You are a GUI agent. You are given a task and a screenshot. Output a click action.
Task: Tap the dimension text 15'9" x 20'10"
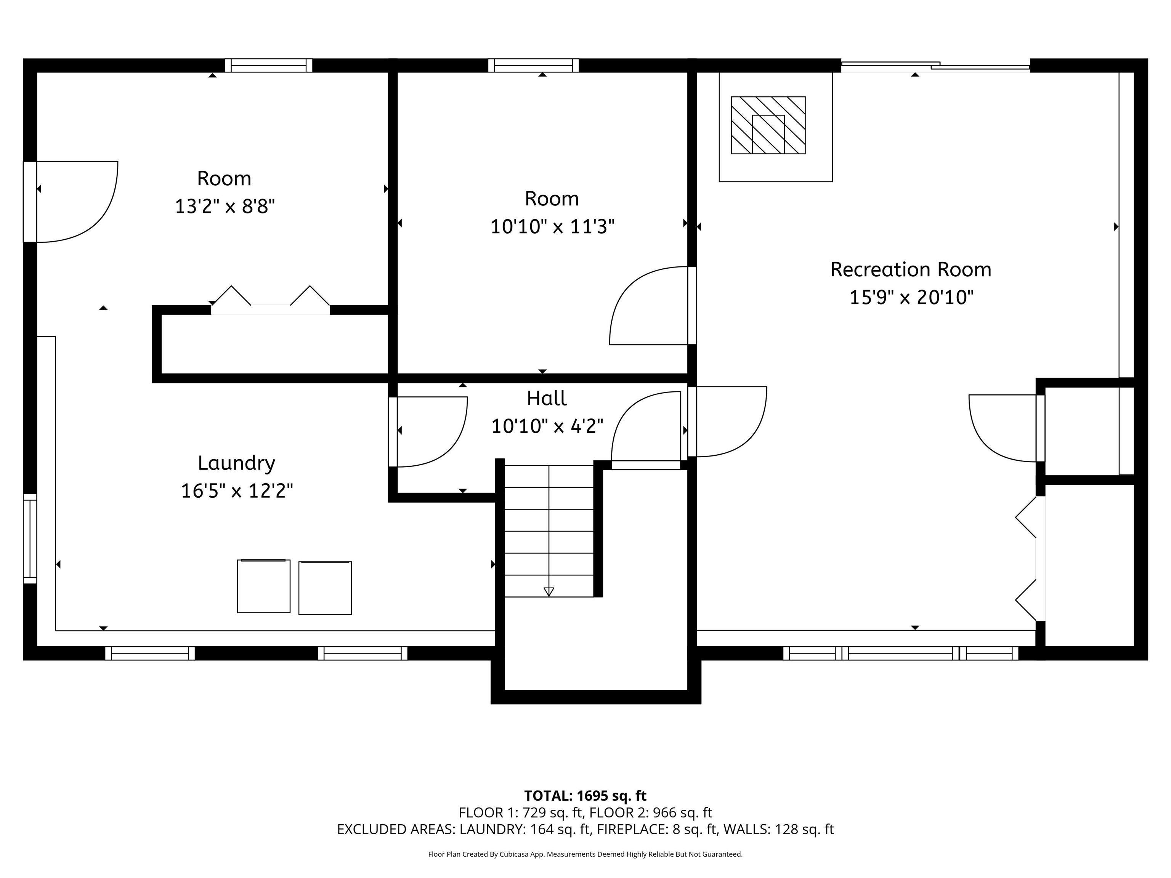[x=911, y=297]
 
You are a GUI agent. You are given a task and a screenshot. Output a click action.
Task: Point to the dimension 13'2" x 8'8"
[x=225, y=207]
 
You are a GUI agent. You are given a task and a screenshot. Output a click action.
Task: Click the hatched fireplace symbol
[x=768, y=125]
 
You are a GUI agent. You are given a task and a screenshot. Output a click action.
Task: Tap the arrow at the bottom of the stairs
[x=549, y=591]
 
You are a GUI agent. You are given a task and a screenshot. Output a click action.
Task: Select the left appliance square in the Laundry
[x=264, y=586]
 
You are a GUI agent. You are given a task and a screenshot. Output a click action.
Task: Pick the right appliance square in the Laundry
[x=325, y=588]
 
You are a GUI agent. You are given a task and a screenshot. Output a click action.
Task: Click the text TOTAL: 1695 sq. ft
[x=585, y=796]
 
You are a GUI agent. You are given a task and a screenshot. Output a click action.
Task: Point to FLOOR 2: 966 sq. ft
[x=651, y=813]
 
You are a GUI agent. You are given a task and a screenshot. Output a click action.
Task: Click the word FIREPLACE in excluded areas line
[x=628, y=829]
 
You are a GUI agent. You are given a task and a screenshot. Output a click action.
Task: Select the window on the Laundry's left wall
[x=30, y=539]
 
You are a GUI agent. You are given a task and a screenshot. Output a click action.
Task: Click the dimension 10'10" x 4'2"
[x=547, y=426]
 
